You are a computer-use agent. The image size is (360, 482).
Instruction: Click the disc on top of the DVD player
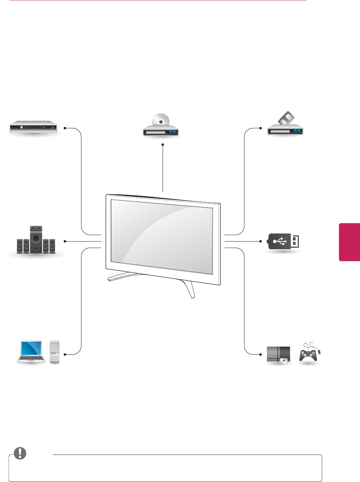click(161, 120)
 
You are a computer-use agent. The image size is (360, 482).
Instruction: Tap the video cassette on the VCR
click(286, 118)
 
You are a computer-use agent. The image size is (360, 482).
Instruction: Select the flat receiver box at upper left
click(33, 127)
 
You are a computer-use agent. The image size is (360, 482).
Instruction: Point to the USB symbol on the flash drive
click(280, 242)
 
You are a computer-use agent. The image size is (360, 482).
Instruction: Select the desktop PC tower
click(55, 351)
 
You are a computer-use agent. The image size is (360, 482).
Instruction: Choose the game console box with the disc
click(279, 354)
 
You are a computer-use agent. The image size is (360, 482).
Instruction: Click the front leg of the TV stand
click(190, 289)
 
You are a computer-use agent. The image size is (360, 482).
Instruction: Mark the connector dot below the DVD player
click(163, 145)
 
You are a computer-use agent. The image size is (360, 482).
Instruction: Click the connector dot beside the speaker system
click(65, 241)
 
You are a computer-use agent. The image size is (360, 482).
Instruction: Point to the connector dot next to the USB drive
click(261, 241)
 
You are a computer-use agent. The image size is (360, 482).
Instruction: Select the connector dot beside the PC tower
click(65, 354)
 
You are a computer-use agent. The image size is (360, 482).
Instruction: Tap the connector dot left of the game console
click(261, 354)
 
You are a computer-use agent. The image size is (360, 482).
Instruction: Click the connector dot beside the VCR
click(261, 128)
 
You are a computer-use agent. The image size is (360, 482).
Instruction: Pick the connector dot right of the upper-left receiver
click(65, 128)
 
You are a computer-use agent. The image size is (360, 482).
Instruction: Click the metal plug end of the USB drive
click(295, 242)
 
